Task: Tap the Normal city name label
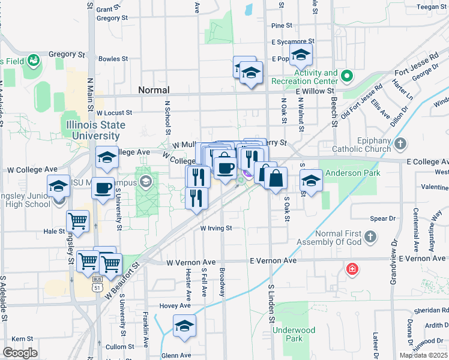tap(154, 90)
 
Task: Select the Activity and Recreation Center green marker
tap(346, 76)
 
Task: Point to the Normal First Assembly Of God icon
tap(370, 236)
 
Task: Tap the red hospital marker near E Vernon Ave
tap(351, 269)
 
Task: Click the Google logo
tap(20, 353)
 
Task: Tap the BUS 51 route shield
tap(97, 287)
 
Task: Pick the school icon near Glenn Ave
tap(184, 326)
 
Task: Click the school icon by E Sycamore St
tap(300, 56)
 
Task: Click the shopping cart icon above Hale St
tap(78, 221)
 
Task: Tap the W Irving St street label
tap(216, 229)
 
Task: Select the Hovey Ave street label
tap(175, 305)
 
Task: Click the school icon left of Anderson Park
tap(311, 180)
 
